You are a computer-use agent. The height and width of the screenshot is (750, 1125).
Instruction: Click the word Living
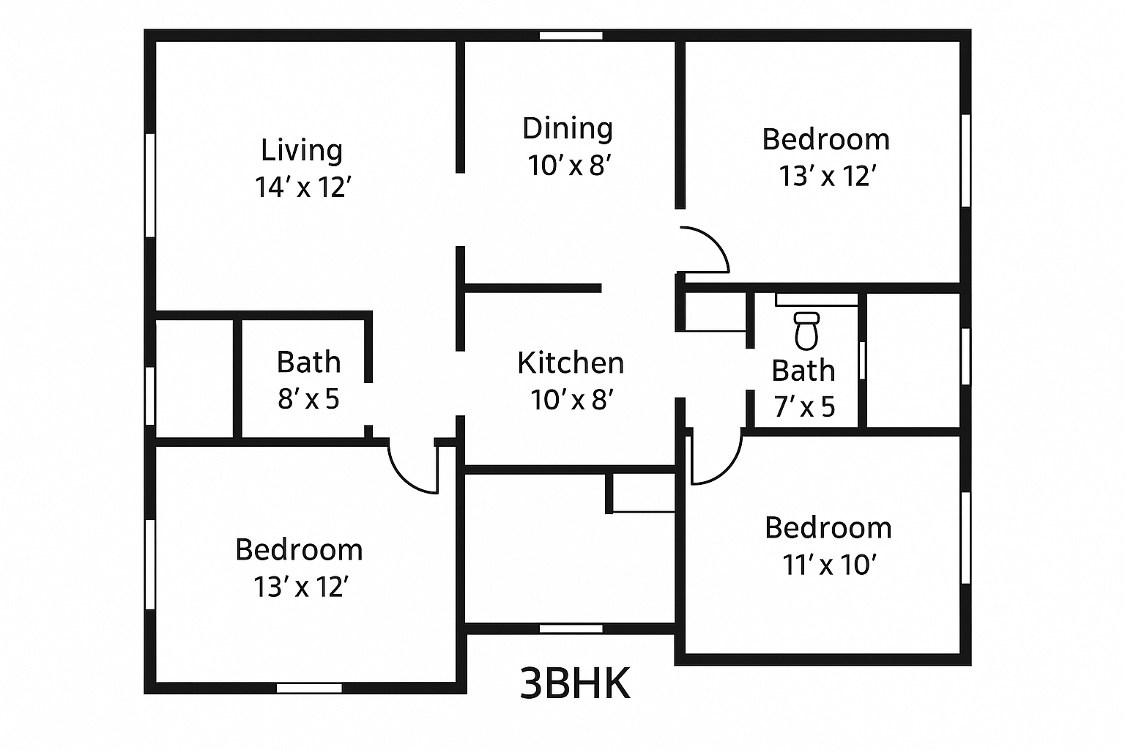(302, 150)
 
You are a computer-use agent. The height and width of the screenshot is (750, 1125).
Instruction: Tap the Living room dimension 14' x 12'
(303, 187)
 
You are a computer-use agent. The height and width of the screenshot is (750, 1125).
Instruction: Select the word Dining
(568, 129)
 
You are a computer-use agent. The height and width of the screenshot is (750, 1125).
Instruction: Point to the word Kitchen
(571, 363)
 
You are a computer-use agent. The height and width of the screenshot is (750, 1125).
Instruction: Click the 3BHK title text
(575, 684)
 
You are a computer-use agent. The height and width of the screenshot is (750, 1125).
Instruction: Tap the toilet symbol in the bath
(806, 330)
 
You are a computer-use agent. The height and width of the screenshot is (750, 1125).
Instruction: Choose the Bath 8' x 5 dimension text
(308, 399)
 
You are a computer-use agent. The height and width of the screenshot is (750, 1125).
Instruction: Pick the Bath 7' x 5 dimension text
(804, 406)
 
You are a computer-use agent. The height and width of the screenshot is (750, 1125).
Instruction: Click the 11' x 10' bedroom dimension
(829, 565)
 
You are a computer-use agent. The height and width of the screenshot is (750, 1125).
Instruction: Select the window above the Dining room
(571, 35)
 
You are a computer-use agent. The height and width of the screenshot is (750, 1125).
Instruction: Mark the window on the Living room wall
(150, 185)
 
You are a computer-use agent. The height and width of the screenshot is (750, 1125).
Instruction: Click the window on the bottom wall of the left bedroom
(309, 688)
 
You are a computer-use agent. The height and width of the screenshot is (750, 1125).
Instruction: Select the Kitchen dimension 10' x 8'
(572, 400)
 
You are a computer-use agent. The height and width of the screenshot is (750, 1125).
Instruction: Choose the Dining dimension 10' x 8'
(569, 166)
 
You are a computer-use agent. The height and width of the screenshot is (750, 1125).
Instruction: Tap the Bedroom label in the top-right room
(825, 140)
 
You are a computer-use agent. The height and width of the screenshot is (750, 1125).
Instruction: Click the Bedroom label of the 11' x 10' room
(828, 528)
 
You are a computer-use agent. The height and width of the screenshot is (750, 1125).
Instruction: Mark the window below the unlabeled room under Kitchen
(571, 628)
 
